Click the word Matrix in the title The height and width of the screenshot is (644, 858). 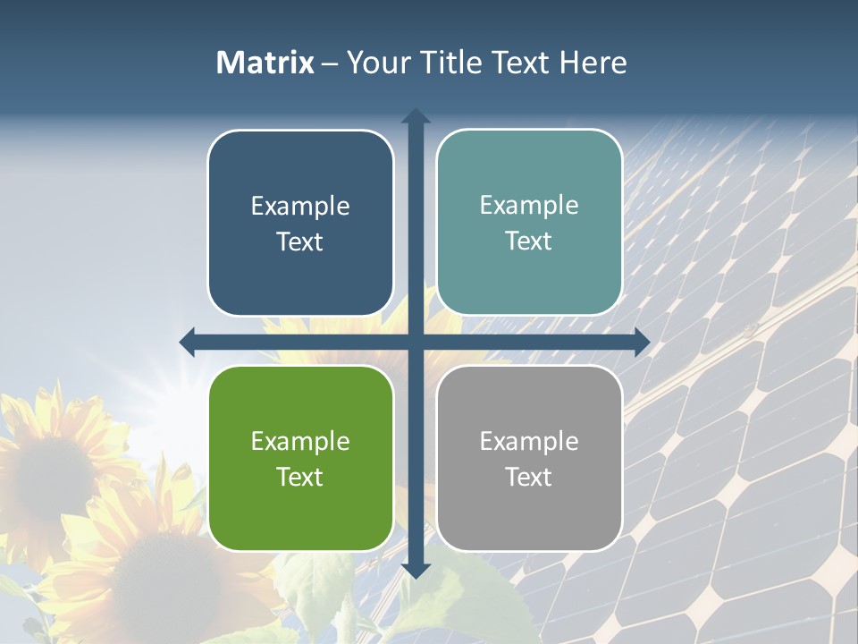click(265, 63)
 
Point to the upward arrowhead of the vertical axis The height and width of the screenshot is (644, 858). click(416, 116)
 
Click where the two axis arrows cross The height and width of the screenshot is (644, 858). click(416, 342)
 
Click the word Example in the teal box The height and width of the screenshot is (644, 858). click(529, 206)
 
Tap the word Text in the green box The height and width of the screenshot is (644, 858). click(300, 478)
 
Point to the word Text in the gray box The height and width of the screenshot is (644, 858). click(529, 478)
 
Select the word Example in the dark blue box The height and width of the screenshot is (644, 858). click(300, 207)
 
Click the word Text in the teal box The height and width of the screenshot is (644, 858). click(529, 241)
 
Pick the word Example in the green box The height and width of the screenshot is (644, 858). click(300, 442)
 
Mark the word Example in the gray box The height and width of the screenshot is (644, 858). click(529, 442)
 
